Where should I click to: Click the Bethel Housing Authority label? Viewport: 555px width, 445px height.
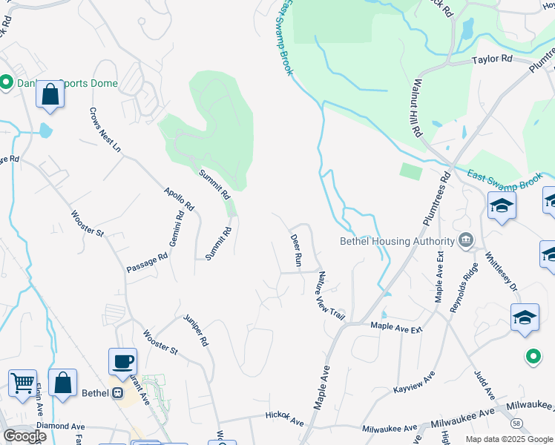tap(397, 241)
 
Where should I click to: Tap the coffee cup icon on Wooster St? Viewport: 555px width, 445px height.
tap(123, 362)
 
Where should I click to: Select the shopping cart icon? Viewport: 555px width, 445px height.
tap(23, 383)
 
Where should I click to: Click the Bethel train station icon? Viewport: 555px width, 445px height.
tap(116, 393)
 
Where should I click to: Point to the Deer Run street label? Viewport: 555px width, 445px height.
tap(296, 250)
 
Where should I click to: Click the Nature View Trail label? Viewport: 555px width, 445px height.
tap(332, 295)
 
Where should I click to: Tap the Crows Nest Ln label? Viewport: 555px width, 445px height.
tap(105, 129)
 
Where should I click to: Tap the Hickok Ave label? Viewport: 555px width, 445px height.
tap(285, 419)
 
